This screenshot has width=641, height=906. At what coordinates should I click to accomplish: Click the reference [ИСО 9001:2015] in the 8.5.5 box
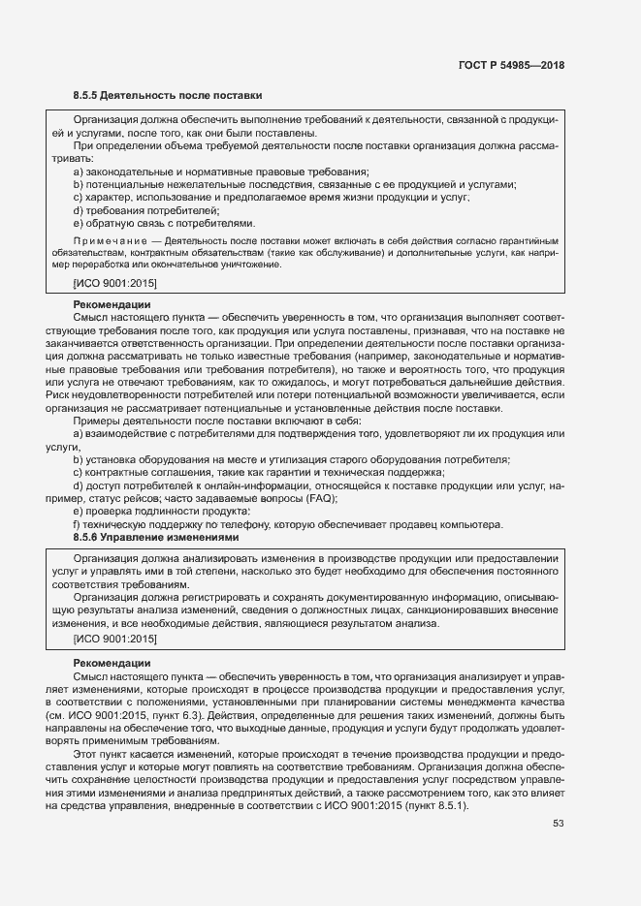(x=114, y=283)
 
